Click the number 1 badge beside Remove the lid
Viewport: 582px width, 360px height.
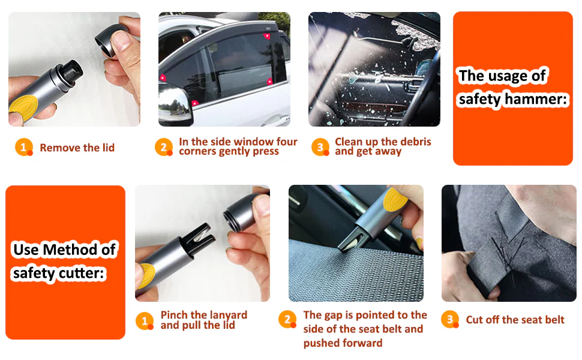[24, 148]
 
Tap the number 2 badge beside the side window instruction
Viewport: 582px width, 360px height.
[164, 148]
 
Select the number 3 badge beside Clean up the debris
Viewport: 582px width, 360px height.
[320, 148]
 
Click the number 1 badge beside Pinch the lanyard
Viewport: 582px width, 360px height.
[145, 320]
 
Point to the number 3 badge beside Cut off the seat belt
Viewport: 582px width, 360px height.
[450, 319]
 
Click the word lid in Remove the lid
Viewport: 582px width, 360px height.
[109, 148]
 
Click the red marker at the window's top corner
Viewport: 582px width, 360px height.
[266, 36]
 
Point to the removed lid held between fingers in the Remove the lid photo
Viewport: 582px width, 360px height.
[112, 40]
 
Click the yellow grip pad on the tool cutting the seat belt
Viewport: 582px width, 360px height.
[395, 199]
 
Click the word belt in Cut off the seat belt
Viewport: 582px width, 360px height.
[554, 320]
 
